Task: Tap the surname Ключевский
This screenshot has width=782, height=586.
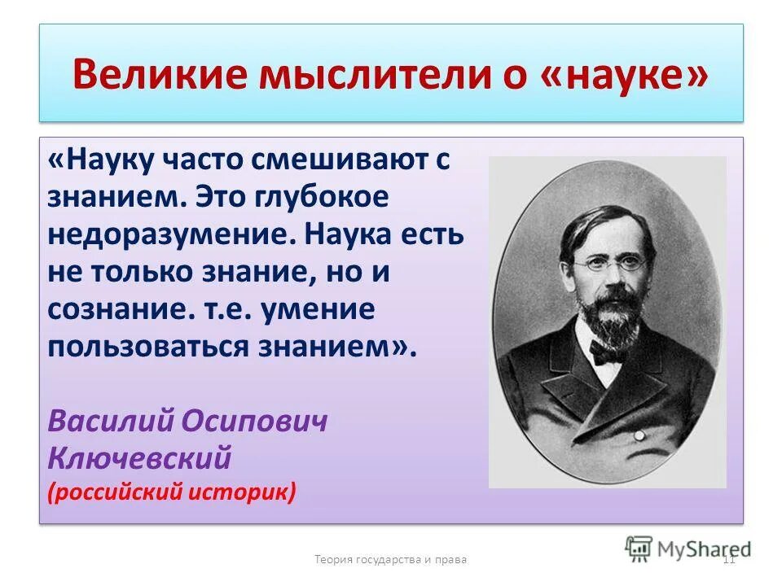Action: pyautogui.click(x=139, y=457)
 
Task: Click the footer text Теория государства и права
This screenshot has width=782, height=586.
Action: pyautogui.click(x=390, y=559)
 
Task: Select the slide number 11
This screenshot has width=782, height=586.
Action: pyautogui.click(x=728, y=558)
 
